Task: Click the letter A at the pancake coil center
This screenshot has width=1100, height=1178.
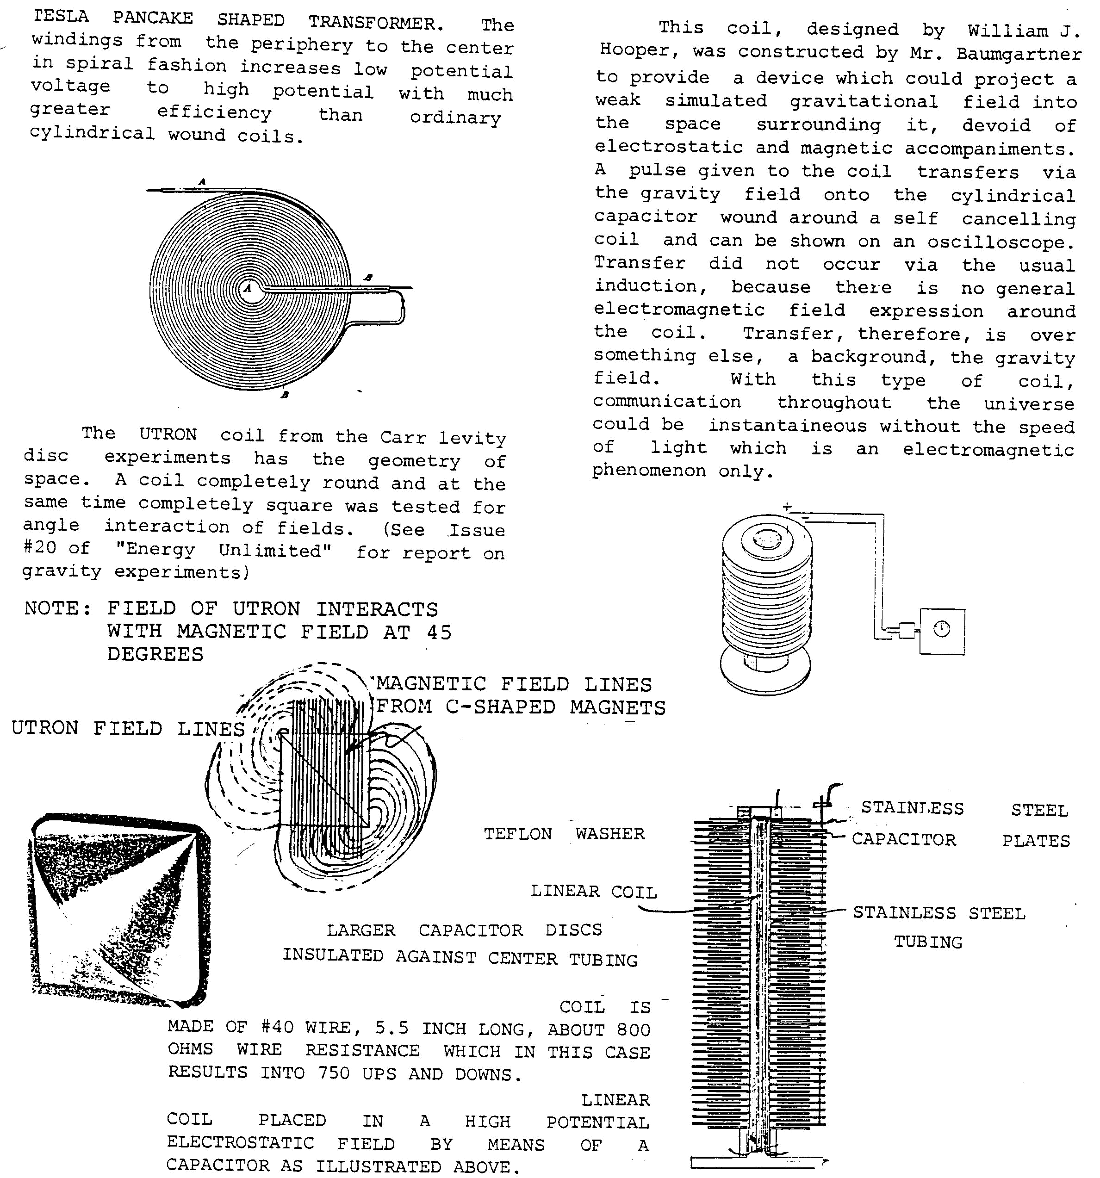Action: pyautogui.click(x=249, y=289)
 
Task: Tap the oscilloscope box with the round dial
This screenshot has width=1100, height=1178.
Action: pyautogui.click(x=942, y=631)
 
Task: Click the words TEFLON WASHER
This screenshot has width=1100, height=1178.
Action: pyautogui.click(x=564, y=834)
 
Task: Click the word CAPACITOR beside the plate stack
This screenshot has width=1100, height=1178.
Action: pyautogui.click(x=904, y=840)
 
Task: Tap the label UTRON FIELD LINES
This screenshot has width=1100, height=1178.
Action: pyautogui.click(x=127, y=728)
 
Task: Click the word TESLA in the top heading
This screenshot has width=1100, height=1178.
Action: pyautogui.click(x=61, y=17)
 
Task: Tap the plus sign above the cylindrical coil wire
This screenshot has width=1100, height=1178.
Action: pyautogui.click(x=787, y=507)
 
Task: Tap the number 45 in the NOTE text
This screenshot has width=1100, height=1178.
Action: pyautogui.click(x=439, y=632)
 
